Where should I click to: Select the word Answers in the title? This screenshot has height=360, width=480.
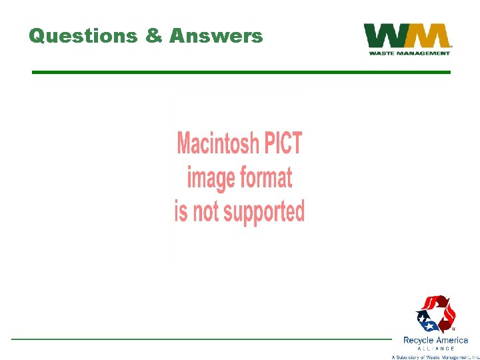coord(216,36)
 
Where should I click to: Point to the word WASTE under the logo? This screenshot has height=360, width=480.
coord(385,53)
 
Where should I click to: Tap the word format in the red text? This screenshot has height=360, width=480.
coord(265,178)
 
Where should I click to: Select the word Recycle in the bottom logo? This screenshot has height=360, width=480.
coord(419,341)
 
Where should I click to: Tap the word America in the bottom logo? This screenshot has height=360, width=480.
coord(453,341)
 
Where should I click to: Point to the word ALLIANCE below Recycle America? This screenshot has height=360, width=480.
coord(436,349)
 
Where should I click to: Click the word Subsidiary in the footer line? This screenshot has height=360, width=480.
coord(415,357)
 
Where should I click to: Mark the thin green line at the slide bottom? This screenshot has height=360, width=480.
coord(200,339)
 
